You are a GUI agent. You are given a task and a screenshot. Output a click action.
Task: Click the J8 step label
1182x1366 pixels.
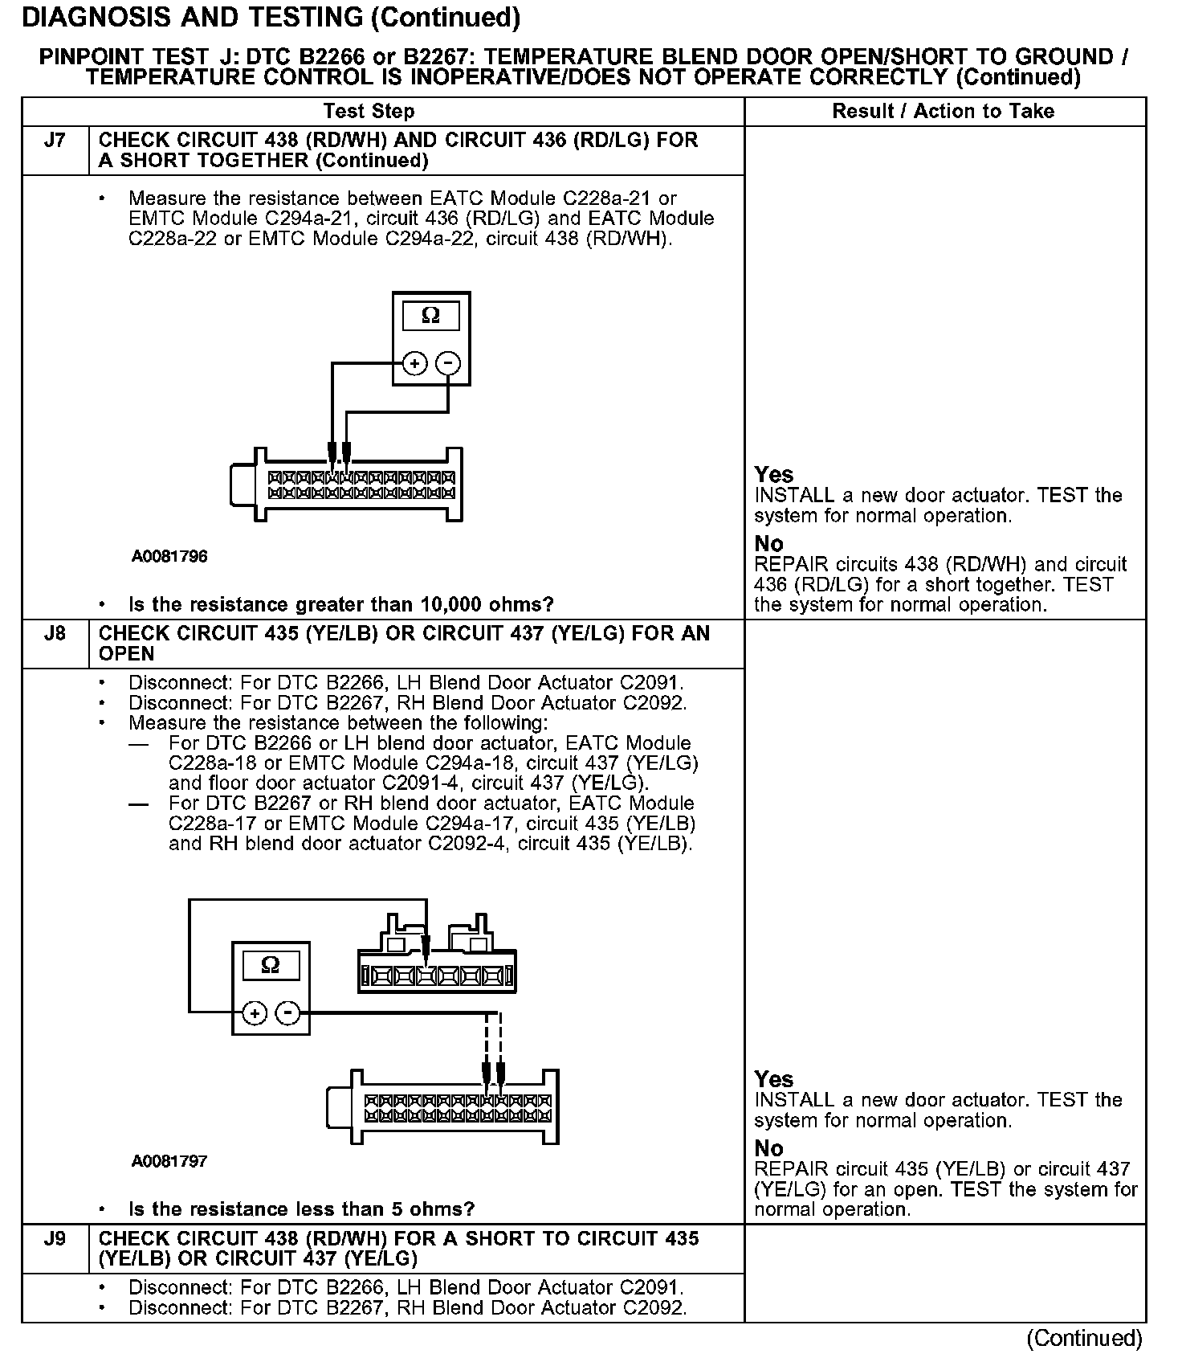pyautogui.click(x=55, y=634)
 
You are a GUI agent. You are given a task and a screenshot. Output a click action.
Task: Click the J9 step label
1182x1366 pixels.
pyautogui.click(x=55, y=1239)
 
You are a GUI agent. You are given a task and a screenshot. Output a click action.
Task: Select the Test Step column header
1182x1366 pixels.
pyautogui.click(x=369, y=112)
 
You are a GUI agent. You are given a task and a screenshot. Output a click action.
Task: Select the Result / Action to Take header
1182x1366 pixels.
pyautogui.click(x=944, y=112)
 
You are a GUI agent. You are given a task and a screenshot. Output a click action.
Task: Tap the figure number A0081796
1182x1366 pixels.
pyautogui.click(x=169, y=556)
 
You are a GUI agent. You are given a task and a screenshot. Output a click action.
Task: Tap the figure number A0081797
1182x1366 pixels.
pyautogui.click(x=169, y=1161)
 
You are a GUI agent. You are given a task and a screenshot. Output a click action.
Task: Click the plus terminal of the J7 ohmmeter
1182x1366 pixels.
pyautogui.click(x=414, y=364)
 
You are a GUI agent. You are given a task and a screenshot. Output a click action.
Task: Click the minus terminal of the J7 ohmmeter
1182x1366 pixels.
pyautogui.click(x=448, y=364)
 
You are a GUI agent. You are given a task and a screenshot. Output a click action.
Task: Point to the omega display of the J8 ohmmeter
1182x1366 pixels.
pyautogui.click(x=271, y=965)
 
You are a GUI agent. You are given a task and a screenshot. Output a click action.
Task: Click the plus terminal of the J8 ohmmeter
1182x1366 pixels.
pyautogui.click(x=255, y=1014)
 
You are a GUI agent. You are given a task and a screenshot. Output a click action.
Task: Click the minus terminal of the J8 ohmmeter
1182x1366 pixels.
pyautogui.click(x=288, y=1014)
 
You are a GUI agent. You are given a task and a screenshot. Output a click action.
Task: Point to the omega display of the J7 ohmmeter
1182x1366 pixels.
pyautogui.click(x=431, y=316)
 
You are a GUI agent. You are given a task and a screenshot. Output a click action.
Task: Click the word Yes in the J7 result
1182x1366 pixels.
pyautogui.click(x=774, y=475)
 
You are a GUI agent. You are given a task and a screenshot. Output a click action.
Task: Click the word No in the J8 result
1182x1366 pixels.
pyautogui.click(x=769, y=1149)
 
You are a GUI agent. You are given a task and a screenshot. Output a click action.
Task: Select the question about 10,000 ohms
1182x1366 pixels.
pyautogui.click(x=340, y=604)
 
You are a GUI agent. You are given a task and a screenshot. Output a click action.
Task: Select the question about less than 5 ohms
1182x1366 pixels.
pyautogui.click(x=301, y=1209)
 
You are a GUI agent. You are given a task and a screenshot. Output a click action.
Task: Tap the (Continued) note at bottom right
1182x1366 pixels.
pyautogui.click(x=1084, y=1338)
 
